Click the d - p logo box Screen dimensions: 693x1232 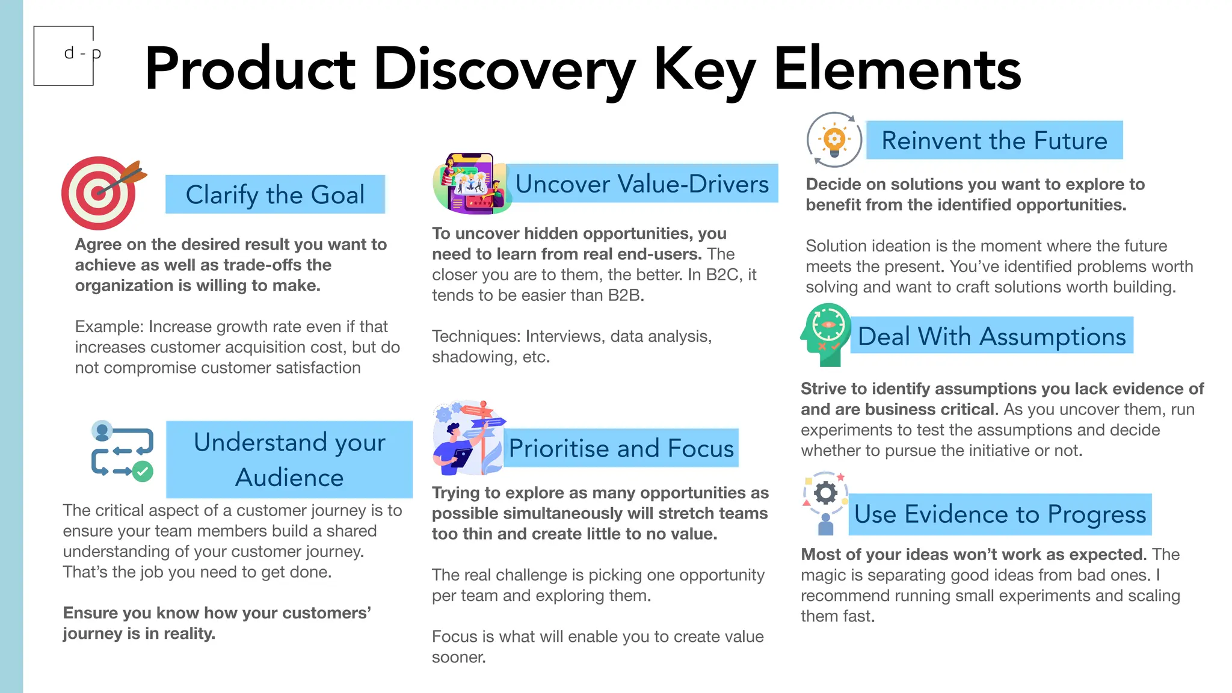pyautogui.click(x=64, y=55)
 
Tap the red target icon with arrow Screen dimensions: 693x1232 pyautogui.click(x=100, y=193)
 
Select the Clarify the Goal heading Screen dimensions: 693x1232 pyautogui.click(x=275, y=194)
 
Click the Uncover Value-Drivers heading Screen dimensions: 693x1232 pyautogui.click(x=642, y=183)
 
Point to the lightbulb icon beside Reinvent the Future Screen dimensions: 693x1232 pyautogui.click(x=834, y=140)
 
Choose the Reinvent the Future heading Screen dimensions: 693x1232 pyautogui.click(x=994, y=140)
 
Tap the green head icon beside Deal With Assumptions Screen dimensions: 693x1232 pyautogui.click(x=826, y=334)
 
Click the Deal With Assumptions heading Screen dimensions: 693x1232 pyautogui.click(x=991, y=336)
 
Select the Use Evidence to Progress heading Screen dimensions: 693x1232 pyautogui.click(x=1000, y=514)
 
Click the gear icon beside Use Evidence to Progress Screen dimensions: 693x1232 pyautogui.click(x=825, y=493)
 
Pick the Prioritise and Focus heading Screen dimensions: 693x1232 pyautogui.click(x=621, y=448)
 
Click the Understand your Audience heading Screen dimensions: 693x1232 pyautogui.click(x=289, y=460)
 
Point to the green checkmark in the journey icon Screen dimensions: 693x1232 pyautogui.click(x=143, y=471)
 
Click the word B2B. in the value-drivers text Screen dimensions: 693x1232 pyautogui.click(x=626, y=295)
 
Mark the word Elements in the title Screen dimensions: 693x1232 pyautogui.click(x=897, y=70)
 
